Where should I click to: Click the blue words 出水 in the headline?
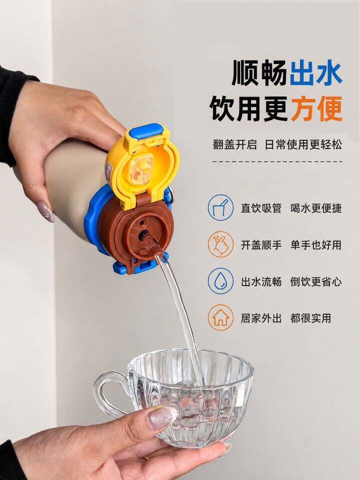(x=316, y=73)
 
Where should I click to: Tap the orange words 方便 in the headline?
(x=316, y=108)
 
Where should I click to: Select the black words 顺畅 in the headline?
(x=259, y=73)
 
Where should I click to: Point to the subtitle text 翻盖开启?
(x=235, y=144)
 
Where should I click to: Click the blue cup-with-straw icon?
(x=220, y=207)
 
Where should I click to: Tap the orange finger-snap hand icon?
(x=220, y=244)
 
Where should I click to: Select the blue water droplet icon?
(x=220, y=281)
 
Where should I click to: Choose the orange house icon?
(x=220, y=318)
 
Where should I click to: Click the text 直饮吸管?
(x=261, y=208)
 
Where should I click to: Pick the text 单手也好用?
(x=315, y=245)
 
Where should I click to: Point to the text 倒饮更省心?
(x=315, y=281)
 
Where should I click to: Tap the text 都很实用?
(x=310, y=318)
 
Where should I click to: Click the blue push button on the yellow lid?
(x=145, y=131)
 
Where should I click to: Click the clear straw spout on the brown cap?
(x=153, y=244)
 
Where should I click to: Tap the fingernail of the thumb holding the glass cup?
(x=161, y=418)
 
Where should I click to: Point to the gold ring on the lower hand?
(x=146, y=458)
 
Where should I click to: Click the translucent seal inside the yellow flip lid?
(x=140, y=169)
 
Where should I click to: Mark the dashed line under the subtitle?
(x=277, y=161)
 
